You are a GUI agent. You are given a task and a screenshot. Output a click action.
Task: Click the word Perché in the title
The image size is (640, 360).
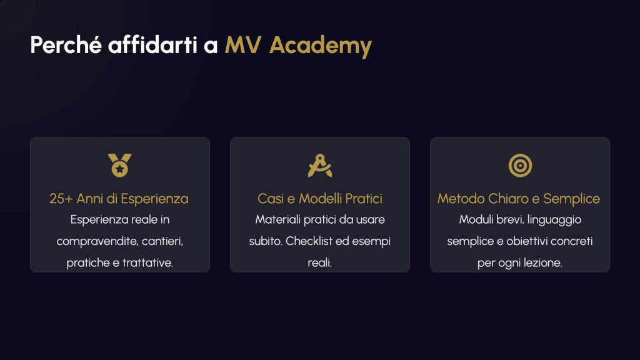point(66,44)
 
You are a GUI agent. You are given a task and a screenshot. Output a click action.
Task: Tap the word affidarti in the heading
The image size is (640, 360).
point(152,44)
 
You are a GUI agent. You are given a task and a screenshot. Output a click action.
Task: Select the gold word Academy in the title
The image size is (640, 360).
point(321,46)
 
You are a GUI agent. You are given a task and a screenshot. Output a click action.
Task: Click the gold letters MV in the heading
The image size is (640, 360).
point(243,45)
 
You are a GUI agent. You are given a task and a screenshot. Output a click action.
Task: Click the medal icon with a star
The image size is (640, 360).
point(119,165)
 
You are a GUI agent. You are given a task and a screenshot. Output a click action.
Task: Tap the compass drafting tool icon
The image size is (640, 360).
point(320,165)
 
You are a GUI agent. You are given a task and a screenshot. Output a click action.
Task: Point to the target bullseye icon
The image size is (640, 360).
point(520,165)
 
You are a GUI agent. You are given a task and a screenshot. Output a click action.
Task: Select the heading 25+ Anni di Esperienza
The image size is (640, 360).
point(119,199)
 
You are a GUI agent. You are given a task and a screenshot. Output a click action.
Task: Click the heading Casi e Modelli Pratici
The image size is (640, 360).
point(320,199)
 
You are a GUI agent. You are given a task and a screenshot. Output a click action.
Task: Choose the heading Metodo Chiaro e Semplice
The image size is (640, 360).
point(519,199)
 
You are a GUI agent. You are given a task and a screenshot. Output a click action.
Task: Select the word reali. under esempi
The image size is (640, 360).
point(319,262)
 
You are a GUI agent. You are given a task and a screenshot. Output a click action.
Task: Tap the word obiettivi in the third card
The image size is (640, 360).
point(527,241)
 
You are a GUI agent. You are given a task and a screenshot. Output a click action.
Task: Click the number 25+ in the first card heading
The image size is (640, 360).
point(61,199)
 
